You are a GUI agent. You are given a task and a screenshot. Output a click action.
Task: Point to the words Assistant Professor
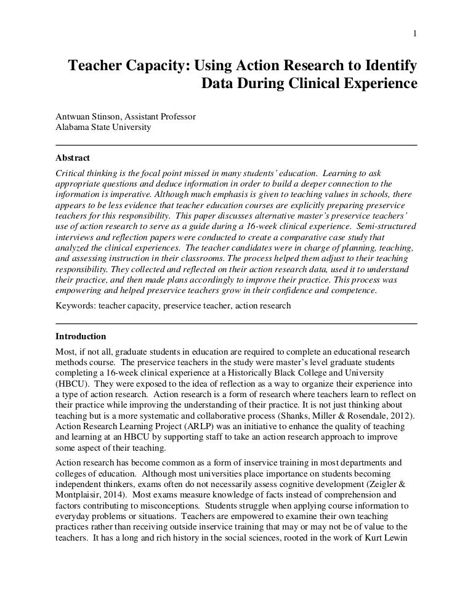[161, 116]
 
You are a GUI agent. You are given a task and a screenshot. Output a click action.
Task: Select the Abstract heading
[73, 158]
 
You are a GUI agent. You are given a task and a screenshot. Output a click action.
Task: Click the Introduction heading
[81, 337]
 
